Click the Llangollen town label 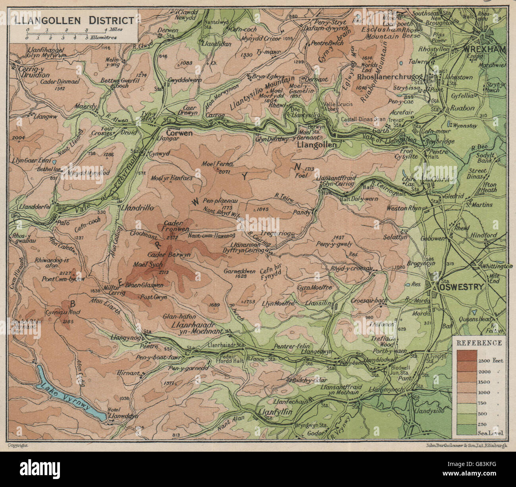(x=317, y=145)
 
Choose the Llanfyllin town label (x=275, y=412)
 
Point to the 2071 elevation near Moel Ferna (x=225, y=171)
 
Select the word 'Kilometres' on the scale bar (x=104, y=38)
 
